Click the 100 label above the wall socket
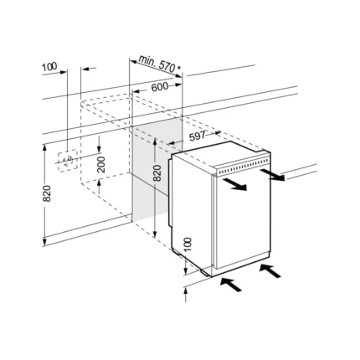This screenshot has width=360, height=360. pyautogui.click(x=49, y=67)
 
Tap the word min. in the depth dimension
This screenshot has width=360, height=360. pyautogui.click(x=147, y=61)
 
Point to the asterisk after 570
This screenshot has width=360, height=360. pyautogui.click(x=178, y=68)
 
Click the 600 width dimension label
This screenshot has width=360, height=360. pyautogui.click(x=160, y=87)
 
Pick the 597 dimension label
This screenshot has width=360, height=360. pyautogui.click(x=197, y=136)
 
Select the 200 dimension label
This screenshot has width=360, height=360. pyautogui.click(x=102, y=164)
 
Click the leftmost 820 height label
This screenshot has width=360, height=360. pyautogui.click(x=47, y=193)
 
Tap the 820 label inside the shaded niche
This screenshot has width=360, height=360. pyautogui.click(x=157, y=173)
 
